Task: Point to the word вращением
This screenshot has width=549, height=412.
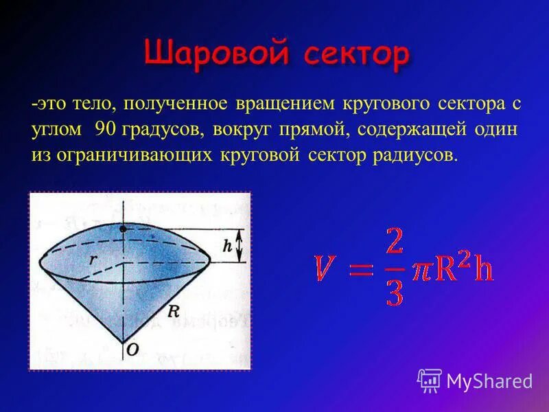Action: point(275,104)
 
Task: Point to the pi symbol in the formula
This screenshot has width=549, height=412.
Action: point(421,269)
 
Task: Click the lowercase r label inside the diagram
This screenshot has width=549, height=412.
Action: point(91,259)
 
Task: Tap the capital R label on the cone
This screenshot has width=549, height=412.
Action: point(173,311)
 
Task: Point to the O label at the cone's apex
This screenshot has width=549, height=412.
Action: point(131,350)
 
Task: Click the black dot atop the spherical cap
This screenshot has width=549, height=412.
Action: point(123,227)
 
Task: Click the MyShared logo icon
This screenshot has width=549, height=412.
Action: point(429,380)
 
